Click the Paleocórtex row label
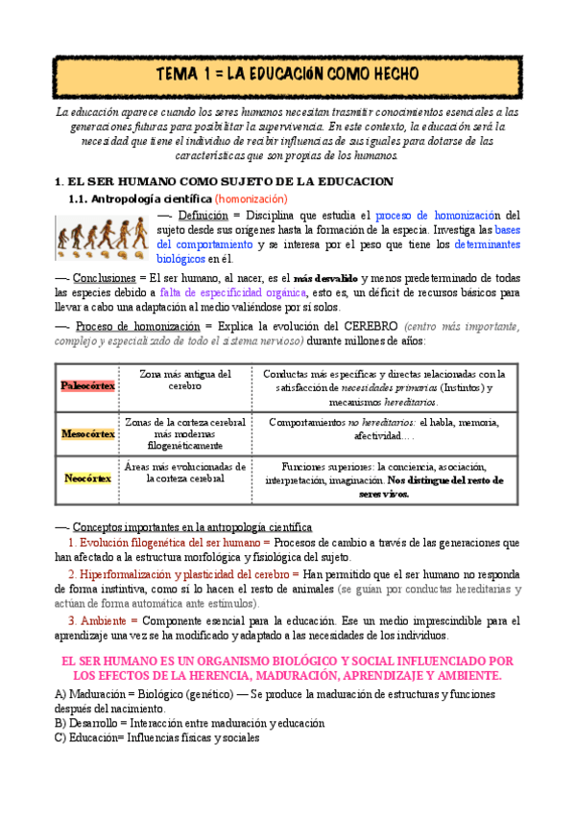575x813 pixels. point(87,385)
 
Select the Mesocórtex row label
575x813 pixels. point(87,433)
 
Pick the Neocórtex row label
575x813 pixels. point(87,477)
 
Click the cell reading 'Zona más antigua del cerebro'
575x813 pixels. point(185,380)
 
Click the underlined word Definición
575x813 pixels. point(203,216)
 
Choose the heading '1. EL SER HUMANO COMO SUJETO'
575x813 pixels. point(225,180)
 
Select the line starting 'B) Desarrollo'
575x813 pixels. point(190,723)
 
